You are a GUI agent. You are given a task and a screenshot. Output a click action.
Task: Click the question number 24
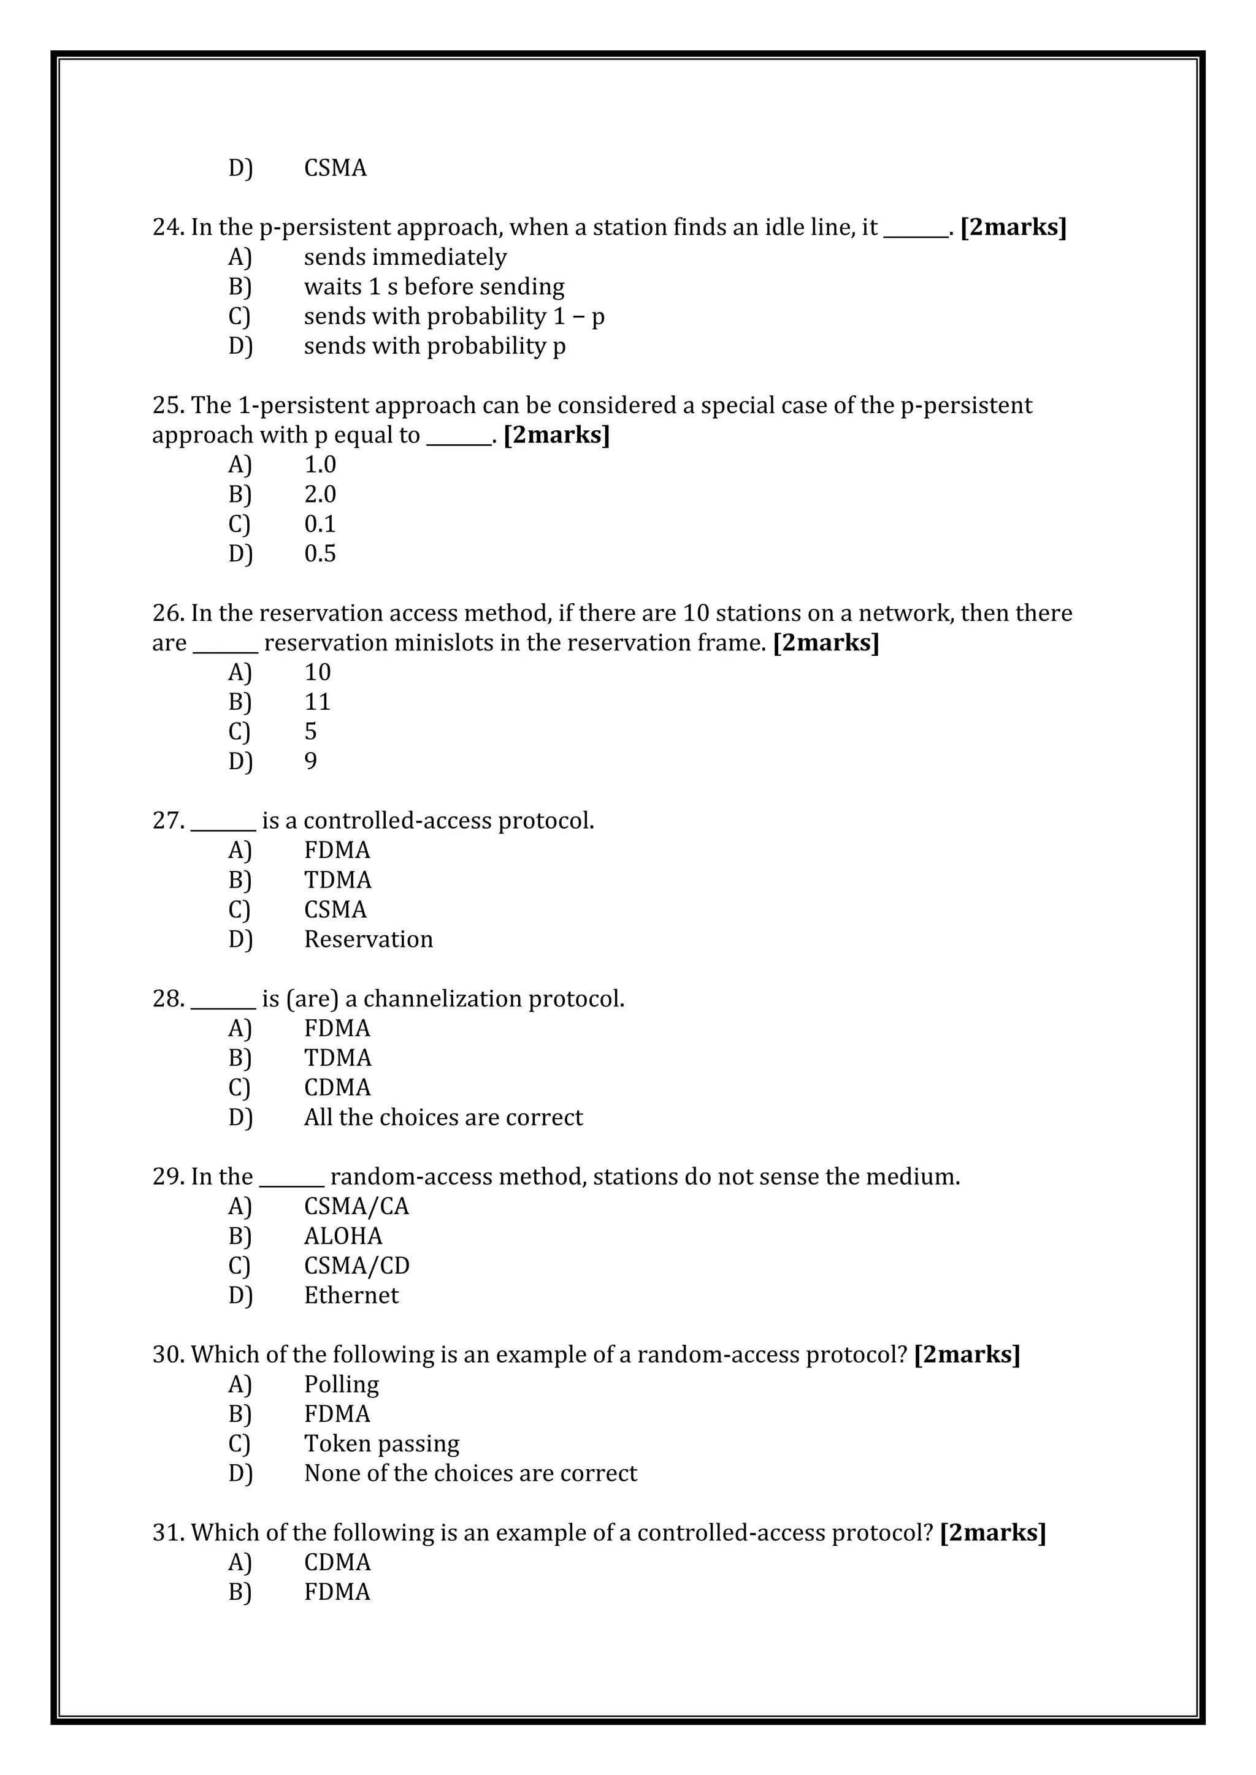coord(166,227)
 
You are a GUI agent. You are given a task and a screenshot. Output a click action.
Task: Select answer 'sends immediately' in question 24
coord(405,257)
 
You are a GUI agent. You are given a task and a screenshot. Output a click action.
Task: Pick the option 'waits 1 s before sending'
coord(433,286)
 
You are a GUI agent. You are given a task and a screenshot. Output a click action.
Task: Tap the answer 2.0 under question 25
coord(320,494)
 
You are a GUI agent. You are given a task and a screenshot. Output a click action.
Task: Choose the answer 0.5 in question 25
coord(320,553)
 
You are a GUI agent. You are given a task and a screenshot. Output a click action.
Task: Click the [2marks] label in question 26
coord(825,642)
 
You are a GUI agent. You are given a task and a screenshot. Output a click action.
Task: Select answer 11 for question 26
coord(317,702)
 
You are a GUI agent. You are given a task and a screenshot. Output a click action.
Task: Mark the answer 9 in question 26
coord(310,761)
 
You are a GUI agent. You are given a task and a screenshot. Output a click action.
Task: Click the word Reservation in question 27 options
coord(368,940)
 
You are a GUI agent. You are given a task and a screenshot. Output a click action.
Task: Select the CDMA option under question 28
coord(337,1088)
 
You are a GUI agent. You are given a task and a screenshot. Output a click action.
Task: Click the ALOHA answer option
coord(343,1236)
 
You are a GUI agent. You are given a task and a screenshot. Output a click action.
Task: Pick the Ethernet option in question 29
coord(351,1296)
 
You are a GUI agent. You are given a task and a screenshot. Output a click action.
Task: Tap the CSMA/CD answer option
coord(356,1266)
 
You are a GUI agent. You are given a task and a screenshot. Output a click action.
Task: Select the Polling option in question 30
coord(341,1385)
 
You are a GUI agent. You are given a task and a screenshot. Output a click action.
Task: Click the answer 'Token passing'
coord(381,1444)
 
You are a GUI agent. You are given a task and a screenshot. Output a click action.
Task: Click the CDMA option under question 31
coord(337,1562)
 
